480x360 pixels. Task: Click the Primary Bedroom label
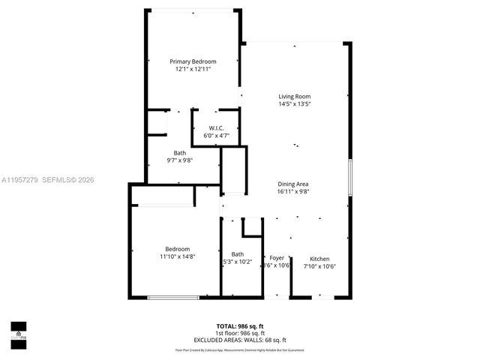pos(193,61)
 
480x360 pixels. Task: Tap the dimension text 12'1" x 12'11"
pos(193,69)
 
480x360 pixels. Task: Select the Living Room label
pos(295,97)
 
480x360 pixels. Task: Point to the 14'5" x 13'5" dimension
pos(295,104)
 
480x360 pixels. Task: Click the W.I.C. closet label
pos(217,128)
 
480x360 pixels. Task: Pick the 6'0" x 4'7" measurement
pos(217,136)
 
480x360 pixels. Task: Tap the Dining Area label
pos(294,184)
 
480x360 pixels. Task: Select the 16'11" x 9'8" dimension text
pos(294,192)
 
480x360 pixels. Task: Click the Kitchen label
pos(319,259)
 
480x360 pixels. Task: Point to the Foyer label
pos(277,259)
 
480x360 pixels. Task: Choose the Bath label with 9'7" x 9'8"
pos(180,153)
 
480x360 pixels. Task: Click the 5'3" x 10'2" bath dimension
pos(238,262)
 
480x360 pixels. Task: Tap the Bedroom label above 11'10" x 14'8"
pos(178,249)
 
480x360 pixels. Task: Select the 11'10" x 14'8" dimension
pos(178,256)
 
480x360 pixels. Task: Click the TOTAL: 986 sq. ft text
pos(240,326)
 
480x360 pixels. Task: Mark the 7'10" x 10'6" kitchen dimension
pos(319,266)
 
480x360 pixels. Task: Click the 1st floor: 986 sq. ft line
pos(240,332)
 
